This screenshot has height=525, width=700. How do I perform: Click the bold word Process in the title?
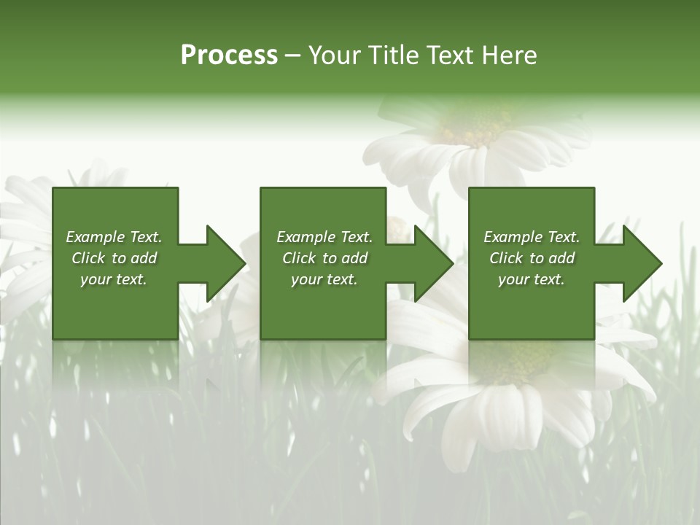[x=229, y=55]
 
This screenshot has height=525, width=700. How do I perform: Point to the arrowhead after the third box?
[x=641, y=263]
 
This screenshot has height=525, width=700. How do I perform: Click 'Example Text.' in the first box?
[x=114, y=237]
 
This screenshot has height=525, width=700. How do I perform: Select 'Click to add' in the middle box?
[x=324, y=258]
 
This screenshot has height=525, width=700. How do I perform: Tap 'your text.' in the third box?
[x=531, y=279]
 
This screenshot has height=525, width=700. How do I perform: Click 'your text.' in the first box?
[x=114, y=279]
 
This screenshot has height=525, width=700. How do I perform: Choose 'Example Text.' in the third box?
[x=532, y=237]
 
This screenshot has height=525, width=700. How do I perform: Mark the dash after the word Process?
[x=293, y=55]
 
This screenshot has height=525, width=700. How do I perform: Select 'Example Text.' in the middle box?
[x=324, y=237]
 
